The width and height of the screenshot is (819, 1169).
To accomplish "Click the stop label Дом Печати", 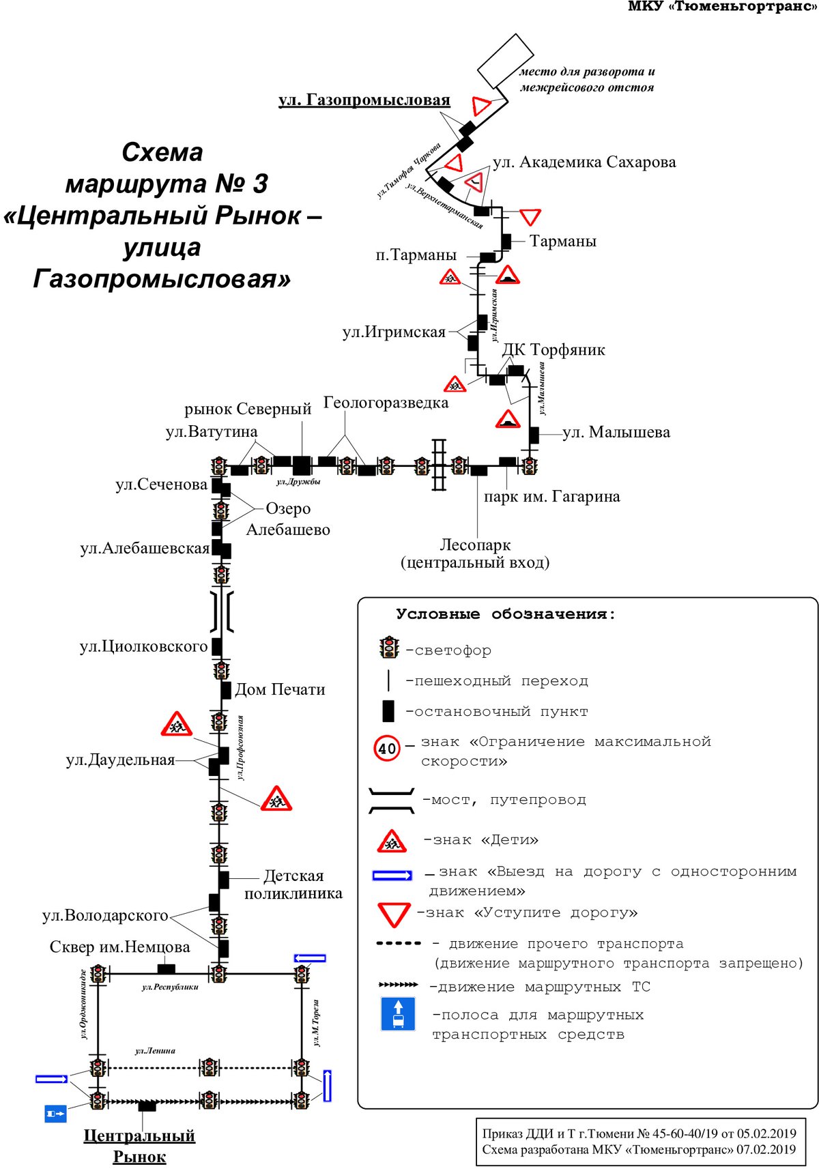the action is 280,689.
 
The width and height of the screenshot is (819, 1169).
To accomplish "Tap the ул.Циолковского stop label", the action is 143,647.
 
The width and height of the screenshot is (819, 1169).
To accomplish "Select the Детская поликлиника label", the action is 293,884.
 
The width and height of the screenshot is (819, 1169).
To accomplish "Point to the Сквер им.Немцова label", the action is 119,947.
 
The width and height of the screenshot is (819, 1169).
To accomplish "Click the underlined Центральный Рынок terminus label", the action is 139,1146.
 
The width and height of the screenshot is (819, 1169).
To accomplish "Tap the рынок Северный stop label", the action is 248,409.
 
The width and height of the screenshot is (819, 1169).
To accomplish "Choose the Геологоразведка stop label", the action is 386,403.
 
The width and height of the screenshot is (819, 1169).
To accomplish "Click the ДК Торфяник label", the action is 554,349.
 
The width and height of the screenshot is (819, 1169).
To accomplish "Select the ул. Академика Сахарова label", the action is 585,162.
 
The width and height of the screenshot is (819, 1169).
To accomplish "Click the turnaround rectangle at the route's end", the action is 506,61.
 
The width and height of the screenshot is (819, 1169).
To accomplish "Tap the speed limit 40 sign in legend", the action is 387,749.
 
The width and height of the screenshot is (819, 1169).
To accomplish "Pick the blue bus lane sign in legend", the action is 398,1013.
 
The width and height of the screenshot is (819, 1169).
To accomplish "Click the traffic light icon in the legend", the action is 389,648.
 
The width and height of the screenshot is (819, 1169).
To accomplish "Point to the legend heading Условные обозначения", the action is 506,614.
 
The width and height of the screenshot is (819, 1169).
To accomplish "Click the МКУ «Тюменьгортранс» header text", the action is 723,6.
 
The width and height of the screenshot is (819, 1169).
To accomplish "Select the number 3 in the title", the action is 259,184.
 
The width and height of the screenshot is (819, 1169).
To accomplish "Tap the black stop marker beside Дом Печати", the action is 226,691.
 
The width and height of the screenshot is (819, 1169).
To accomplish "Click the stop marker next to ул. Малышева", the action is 534,435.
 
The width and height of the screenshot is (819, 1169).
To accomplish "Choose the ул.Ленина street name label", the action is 155,1051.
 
